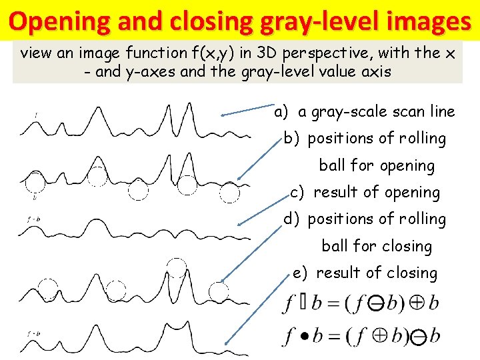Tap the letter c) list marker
[x=297, y=193]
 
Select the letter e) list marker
[x=301, y=273]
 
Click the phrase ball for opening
[x=377, y=165]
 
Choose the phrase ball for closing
[x=377, y=246]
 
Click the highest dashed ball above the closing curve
[x=177, y=267]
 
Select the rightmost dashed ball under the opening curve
[x=229, y=193]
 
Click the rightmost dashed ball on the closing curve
[x=218, y=291]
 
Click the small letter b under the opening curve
[x=34, y=197]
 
